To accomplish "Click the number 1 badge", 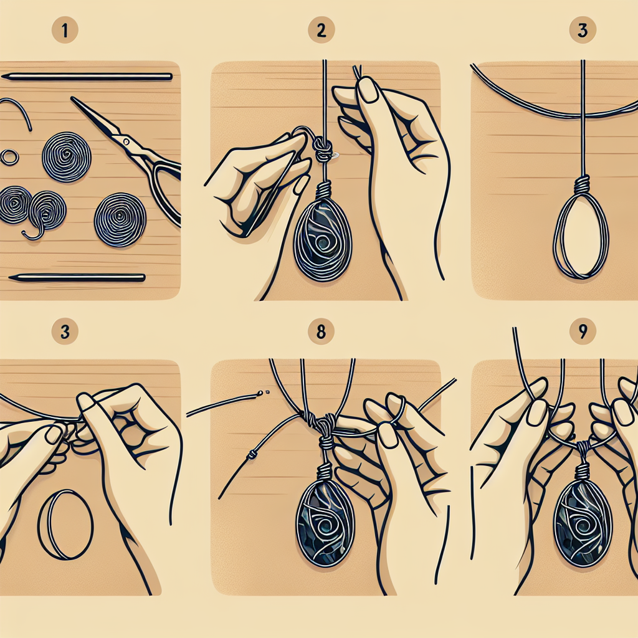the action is (65, 30).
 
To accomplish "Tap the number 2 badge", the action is (321, 30).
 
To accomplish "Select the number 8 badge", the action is (321, 331).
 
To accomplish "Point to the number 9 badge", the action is (583, 331).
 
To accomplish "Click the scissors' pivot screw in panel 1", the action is (126, 142).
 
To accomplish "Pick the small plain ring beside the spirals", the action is (9, 157).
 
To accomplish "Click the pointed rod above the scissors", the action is (87, 77).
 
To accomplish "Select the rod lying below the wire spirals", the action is (77, 279).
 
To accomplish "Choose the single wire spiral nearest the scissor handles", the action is (120, 220).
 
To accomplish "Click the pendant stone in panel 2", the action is (323, 240).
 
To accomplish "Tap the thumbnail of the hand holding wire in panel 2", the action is (369, 90).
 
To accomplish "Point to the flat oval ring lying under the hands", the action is (65, 524).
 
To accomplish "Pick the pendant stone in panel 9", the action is (583, 523).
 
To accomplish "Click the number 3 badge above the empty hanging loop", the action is (583, 30).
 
